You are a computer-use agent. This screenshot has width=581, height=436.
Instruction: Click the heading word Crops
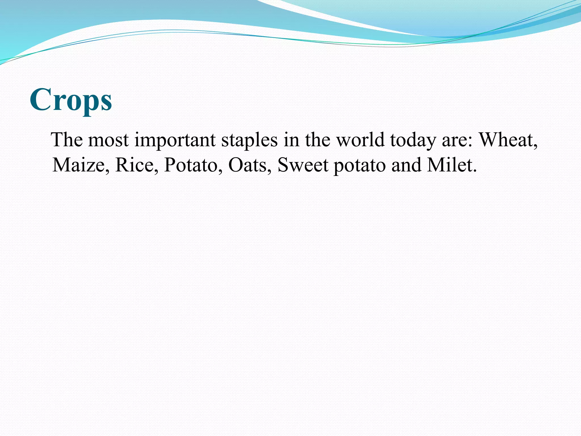click(71, 100)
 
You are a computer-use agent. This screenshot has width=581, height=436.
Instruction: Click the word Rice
click(134, 165)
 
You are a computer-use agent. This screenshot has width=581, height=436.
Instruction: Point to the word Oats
click(247, 165)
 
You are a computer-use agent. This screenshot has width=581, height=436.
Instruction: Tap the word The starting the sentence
click(67, 140)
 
